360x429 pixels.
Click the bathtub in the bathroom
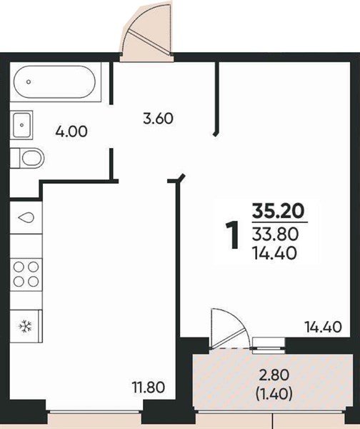[55, 82]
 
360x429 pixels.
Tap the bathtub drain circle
[29, 82]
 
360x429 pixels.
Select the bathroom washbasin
[21, 125]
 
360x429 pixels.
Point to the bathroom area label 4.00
[71, 132]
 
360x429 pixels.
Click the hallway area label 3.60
[159, 119]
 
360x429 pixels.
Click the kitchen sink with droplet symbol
[26, 218]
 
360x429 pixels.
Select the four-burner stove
[26, 275]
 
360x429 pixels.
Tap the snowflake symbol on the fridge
[25, 326]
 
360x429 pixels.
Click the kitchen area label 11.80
[149, 388]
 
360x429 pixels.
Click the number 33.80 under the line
[275, 235]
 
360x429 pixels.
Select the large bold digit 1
[233, 235]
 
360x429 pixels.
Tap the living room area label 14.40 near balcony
[323, 327]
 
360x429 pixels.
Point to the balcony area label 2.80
[274, 375]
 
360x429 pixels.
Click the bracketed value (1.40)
[274, 394]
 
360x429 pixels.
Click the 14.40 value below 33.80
[274, 253]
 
